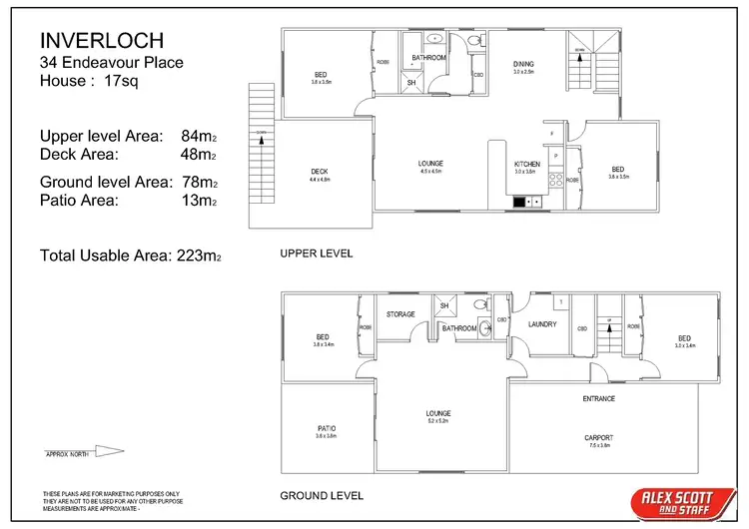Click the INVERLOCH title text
click(101, 41)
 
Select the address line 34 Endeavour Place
click(111, 63)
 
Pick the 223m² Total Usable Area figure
click(196, 257)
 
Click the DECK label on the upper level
click(320, 172)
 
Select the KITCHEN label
click(527, 164)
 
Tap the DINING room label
click(524, 63)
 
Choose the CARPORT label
click(598, 437)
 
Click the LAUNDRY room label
click(543, 324)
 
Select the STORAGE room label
click(400, 314)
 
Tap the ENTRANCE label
click(598, 398)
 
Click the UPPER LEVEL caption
click(317, 255)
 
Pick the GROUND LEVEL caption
click(322, 495)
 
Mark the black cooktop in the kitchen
click(520, 202)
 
